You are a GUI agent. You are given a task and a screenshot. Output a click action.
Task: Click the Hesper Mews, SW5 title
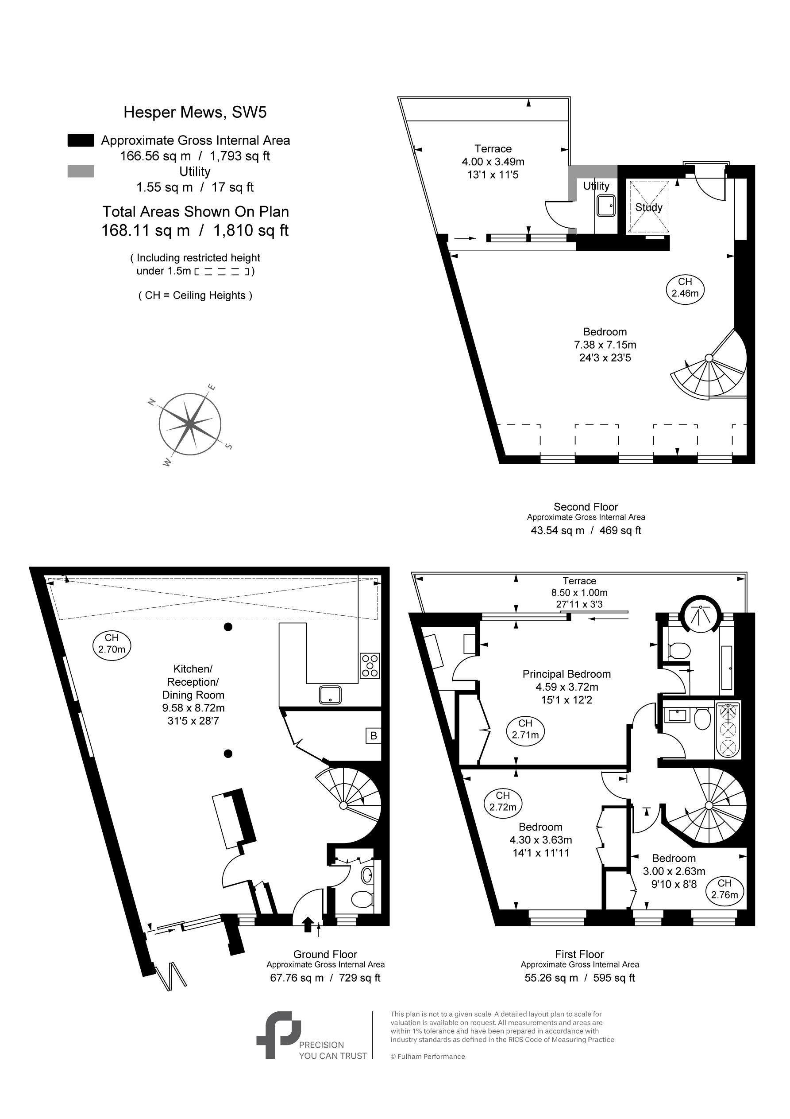[x=195, y=113]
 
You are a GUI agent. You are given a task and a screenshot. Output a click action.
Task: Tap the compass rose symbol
[x=190, y=424]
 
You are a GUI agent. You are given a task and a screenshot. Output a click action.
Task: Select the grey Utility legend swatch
[x=81, y=171]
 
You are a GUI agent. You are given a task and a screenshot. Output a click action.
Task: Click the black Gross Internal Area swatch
[x=81, y=140]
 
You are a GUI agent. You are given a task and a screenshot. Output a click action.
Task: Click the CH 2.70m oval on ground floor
[x=112, y=645]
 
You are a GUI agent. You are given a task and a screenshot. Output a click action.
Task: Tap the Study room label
[x=649, y=207]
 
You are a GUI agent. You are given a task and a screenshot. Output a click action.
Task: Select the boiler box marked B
[x=374, y=736]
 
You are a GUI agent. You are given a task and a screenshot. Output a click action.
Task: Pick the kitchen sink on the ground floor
[x=330, y=695]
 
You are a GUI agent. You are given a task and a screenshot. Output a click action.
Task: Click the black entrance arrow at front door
[x=308, y=924]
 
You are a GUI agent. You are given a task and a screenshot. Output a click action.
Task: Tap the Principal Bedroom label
[x=566, y=674]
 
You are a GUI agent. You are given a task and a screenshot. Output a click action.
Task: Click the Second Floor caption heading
[x=586, y=507]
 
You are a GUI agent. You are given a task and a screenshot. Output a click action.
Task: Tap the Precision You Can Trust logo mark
[x=278, y=1035]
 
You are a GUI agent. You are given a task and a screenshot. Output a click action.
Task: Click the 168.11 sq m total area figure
[x=145, y=230]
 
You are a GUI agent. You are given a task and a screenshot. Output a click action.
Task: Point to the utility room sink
[x=606, y=206]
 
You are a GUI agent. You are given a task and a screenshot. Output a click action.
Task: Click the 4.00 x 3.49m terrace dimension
[x=493, y=162]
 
